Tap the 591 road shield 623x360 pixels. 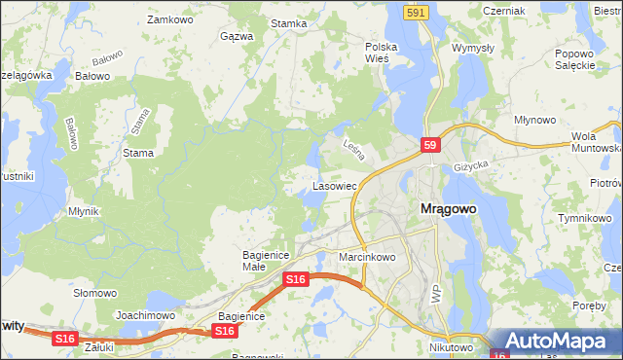click(416, 12)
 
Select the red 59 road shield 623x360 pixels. click(432, 145)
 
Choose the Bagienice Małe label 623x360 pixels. click(262, 260)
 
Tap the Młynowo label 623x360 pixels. click(534, 120)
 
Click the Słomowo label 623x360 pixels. click(95, 293)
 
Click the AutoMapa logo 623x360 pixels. click(556, 341)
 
